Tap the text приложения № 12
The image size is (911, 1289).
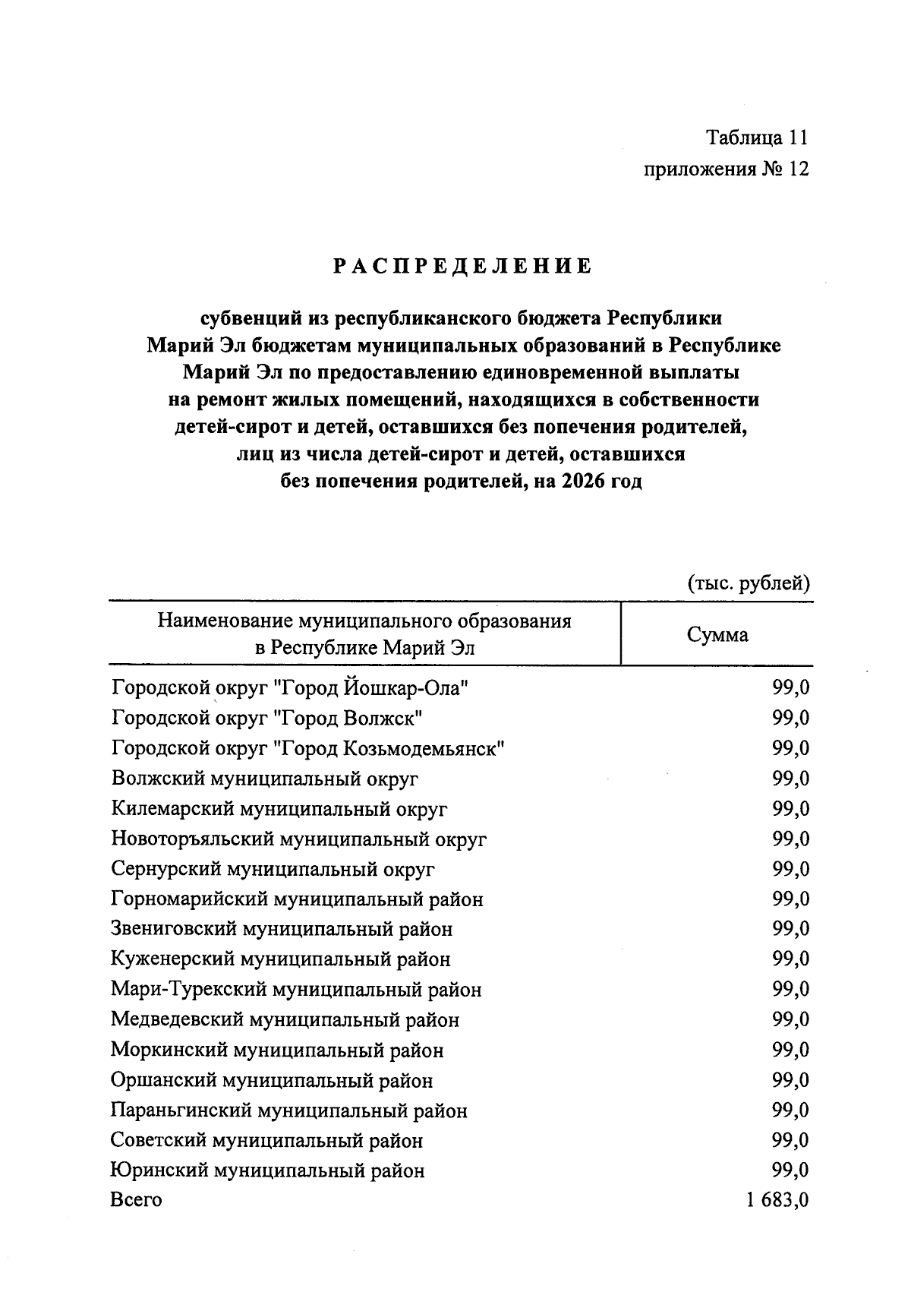click(x=726, y=169)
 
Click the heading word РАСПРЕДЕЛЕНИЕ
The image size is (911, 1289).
click(x=462, y=267)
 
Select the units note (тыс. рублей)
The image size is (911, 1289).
click(x=749, y=583)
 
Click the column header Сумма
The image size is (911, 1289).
click(x=717, y=634)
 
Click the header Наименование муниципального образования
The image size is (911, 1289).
click(x=364, y=621)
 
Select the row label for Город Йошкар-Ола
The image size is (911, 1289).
click(x=290, y=688)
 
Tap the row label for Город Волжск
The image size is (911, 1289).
click(x=267, y=718)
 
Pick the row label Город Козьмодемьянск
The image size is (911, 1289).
click(x=307, y=748)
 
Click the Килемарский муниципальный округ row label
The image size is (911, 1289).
click(x=279, y=809)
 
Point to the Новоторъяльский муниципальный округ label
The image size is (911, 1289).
click(x=298, y=839)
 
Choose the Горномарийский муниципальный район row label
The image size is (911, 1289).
click(x=297, y=899)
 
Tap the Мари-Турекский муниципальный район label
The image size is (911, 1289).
click(x=296, y=990)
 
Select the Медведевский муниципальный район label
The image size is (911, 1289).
click(x=285, y=1020)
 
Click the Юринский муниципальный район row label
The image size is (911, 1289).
click(x=267, y=1171)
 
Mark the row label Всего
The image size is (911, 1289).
click(x=136, y=1200)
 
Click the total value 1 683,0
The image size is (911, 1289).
click(x=777, y=1200)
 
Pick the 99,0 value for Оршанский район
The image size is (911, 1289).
click(x=790, y=1080)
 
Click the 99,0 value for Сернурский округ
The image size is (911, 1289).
click(x=790, y=869)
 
